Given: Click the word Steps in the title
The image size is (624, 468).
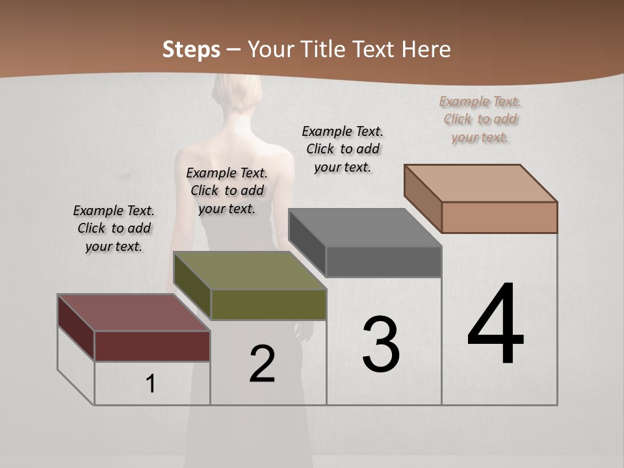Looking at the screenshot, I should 191,49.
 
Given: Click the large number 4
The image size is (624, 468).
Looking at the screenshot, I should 495,325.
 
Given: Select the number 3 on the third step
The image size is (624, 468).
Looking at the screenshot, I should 381,344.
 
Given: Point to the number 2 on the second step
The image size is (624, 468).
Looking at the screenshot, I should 262,364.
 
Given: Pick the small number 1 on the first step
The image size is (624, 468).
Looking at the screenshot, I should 151,384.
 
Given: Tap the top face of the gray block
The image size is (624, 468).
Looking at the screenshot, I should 364,227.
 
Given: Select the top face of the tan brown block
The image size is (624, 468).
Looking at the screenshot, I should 481,183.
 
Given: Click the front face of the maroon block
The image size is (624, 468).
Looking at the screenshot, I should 152,346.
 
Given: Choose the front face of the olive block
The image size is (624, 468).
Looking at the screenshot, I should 268,304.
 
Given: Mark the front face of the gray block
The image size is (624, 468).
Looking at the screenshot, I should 383,262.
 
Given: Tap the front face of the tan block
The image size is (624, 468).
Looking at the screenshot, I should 499,217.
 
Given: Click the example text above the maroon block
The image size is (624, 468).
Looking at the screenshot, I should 114,228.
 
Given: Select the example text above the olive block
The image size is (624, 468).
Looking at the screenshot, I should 227,190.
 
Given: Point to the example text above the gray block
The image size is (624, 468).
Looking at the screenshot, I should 343,149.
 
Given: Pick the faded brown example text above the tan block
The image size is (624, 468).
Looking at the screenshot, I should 480,119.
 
